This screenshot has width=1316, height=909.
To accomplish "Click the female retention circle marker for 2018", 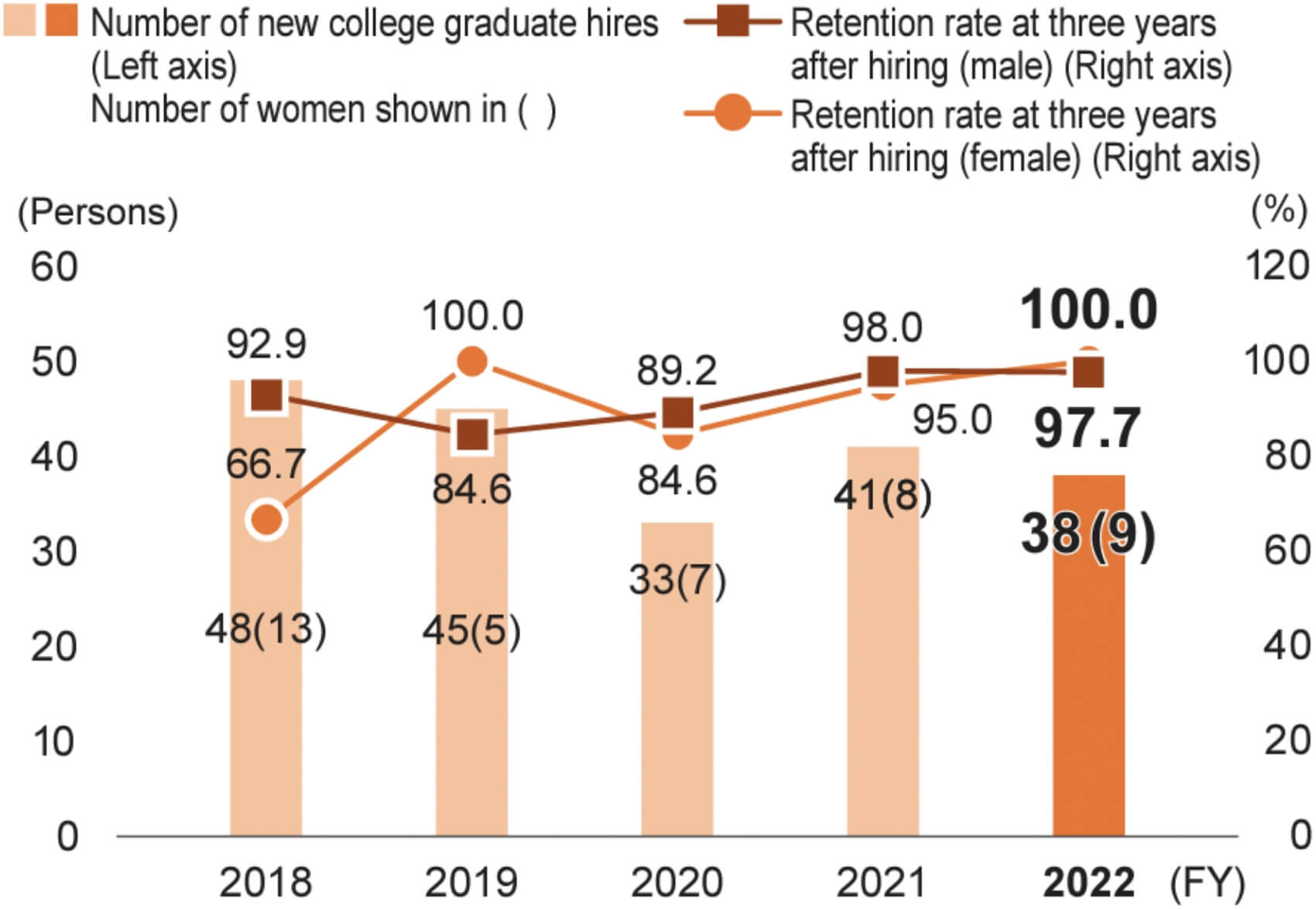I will [x=266, y=519].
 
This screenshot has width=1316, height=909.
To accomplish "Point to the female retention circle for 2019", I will [x=472, y=361].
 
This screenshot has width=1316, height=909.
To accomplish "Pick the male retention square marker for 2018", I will [x=267, y=396].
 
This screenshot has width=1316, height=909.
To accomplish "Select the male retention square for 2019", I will [x=472, y=434].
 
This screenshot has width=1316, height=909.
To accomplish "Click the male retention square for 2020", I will [x=678, y=413].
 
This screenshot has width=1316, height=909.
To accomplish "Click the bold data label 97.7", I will [x=1088, y=428].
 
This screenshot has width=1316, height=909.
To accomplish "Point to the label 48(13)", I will [x=266, y=629].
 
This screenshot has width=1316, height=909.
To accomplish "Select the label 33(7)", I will [x=677, y=580].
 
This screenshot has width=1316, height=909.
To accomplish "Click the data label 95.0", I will [x=951, y=420].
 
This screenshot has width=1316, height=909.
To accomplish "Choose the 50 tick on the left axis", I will [x=54, y=362].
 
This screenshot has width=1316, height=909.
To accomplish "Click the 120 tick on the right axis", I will [x=1277, y=266].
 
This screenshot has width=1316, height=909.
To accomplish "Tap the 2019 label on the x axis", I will [x=471, y=883].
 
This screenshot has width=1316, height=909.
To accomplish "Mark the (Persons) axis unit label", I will [x=98, y=212].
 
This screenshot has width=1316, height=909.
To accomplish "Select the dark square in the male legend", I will [x=732, y=22].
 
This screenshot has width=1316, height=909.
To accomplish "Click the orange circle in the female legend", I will [x=732, y=114].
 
